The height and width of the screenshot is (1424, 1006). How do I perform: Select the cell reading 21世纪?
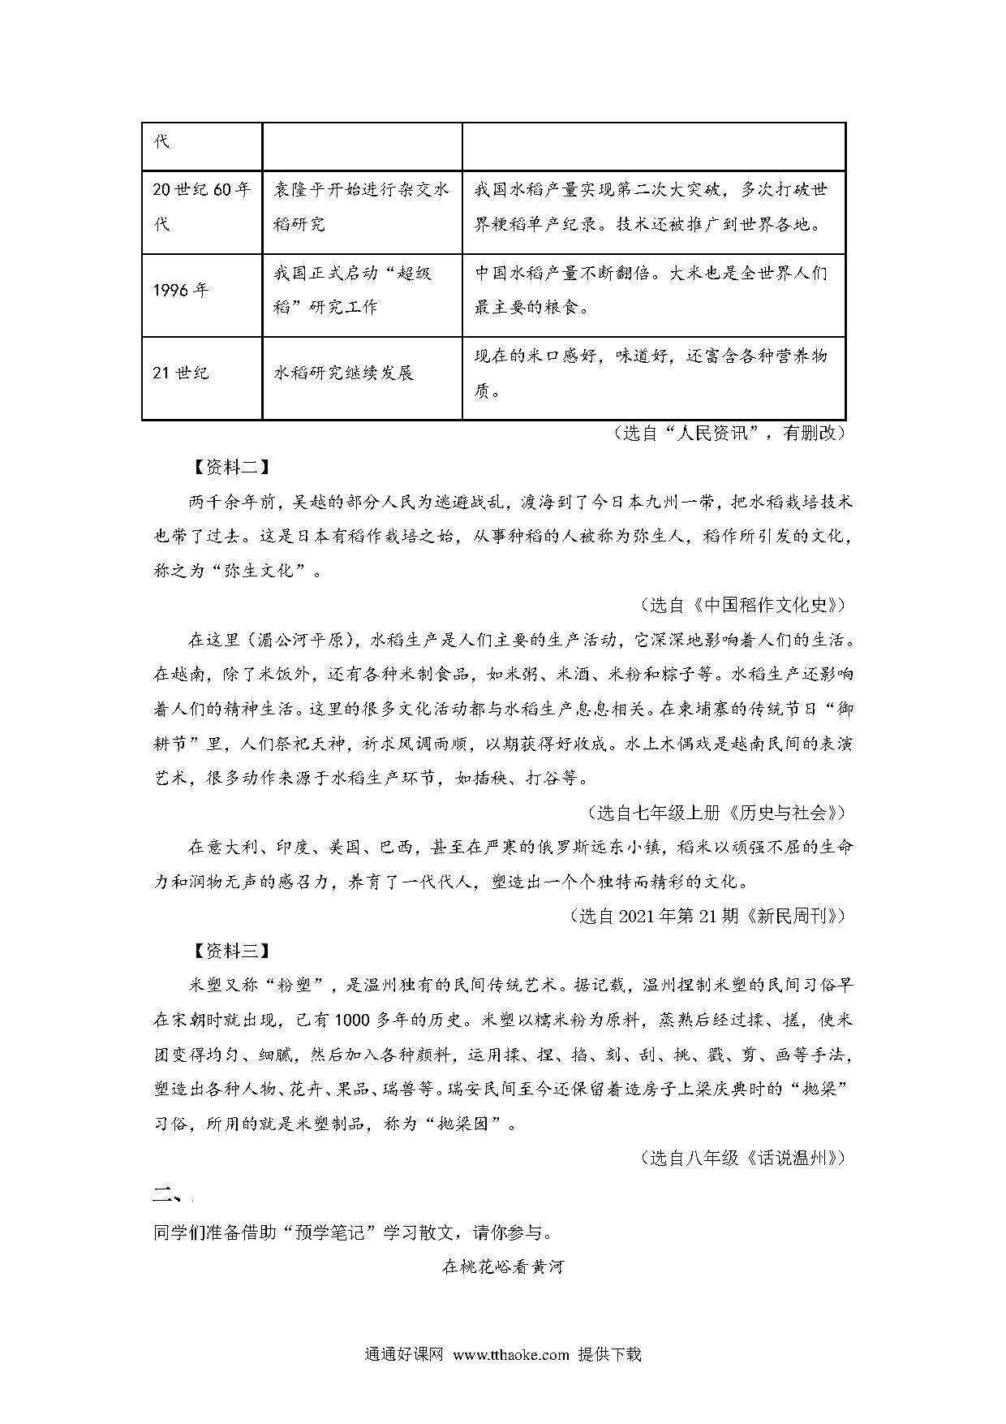click(x=181, y=373)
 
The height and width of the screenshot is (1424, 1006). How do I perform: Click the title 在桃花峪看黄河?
click(x=503, y=1266)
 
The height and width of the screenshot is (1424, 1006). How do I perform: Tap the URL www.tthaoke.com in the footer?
click(x=511, y=1355)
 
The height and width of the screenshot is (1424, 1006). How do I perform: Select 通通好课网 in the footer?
click(x=404, y=1355)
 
